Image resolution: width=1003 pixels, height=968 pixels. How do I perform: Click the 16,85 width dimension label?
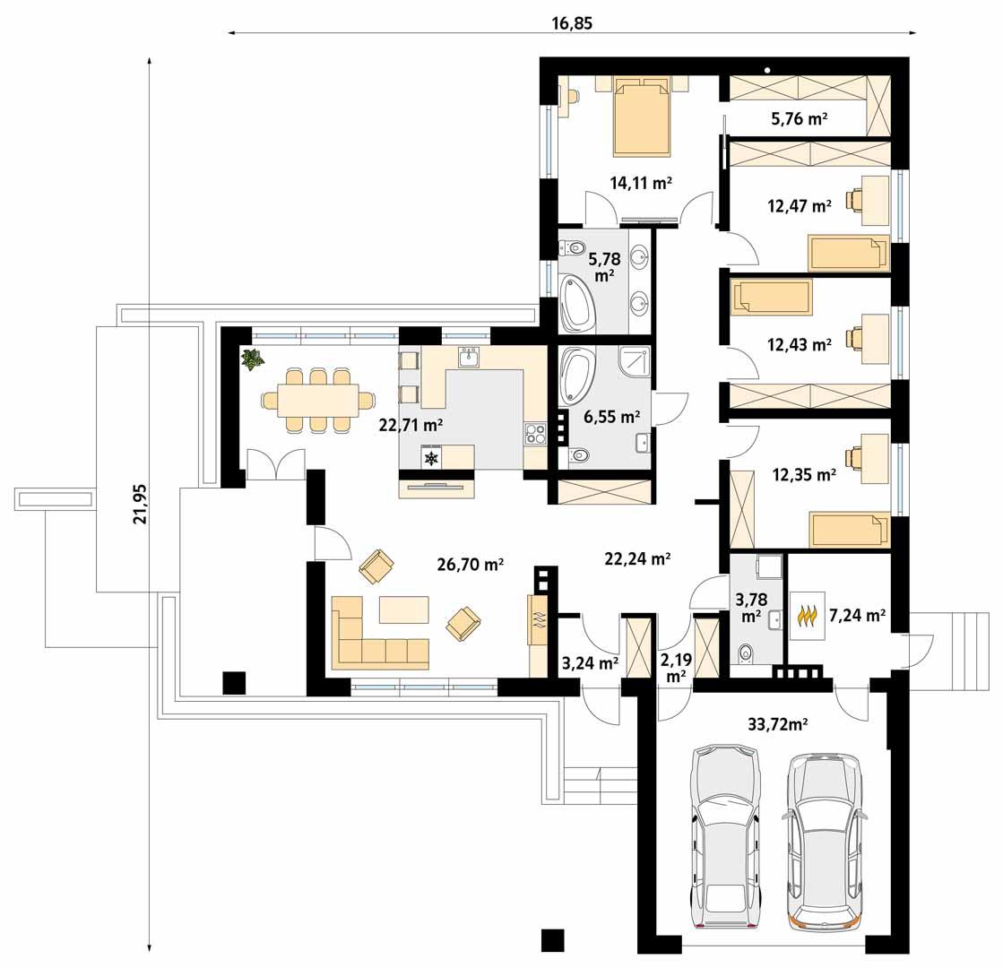pos(572,23)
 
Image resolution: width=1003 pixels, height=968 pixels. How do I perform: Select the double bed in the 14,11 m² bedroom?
pos(641,117)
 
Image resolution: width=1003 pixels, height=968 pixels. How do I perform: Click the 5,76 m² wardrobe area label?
pos(799,117)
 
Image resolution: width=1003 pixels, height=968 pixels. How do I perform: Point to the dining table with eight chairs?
pos(317,400)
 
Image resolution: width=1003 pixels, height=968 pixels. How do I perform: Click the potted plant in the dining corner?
pos(253,359)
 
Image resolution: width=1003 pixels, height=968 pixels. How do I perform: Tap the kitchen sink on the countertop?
pos(469,359)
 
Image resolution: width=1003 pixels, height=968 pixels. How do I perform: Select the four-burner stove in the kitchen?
pos(535,435)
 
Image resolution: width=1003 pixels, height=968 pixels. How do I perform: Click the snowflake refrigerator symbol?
pos(432,458)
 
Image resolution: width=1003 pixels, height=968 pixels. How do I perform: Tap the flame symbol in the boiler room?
pos(808,618)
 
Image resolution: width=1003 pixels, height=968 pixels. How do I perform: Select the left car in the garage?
pos(725,838)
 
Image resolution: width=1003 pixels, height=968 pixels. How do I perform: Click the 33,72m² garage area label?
pos(778,724)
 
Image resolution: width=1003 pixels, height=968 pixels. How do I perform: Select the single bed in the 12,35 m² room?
pos(847,529)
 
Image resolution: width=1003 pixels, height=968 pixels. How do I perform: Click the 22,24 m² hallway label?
pos(638,558)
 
